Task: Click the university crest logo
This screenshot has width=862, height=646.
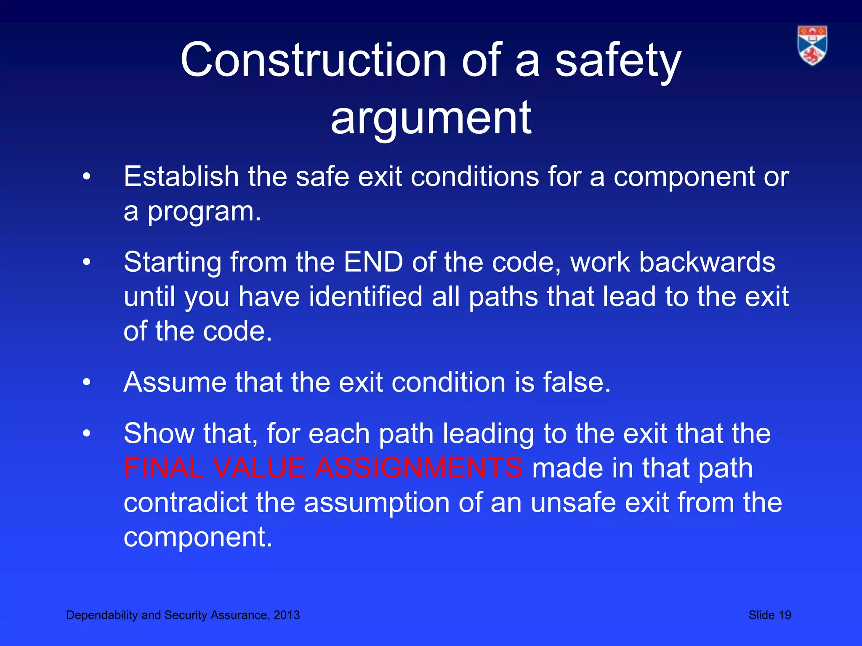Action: click(x=812, y=45)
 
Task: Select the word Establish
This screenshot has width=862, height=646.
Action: click(x=181, y=176)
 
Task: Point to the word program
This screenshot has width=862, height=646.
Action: click(x=204, y=212)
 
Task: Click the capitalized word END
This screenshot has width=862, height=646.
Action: click(x=373, y=262)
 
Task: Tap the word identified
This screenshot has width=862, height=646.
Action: click(x=365, y=297)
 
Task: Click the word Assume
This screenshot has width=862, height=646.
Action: click(x=175, y=382)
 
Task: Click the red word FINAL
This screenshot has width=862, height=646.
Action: click(x=164, y=468)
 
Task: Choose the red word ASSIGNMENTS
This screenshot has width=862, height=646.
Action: click(x=418, y=468)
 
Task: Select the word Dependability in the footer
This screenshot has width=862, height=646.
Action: click(x=102, y=615)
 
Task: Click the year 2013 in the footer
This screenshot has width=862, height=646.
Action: click(x=287, y=615)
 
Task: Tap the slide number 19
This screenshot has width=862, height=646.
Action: click(x=785, y=615)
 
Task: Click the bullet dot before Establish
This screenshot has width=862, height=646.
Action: click(x=87, y=177)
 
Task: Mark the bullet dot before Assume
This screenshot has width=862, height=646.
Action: click(x=87, y=383)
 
